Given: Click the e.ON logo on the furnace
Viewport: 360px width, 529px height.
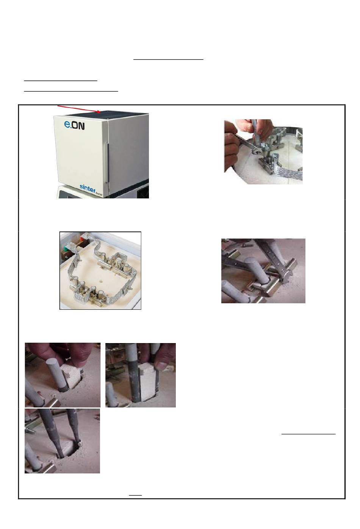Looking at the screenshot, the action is [x=74, y=125].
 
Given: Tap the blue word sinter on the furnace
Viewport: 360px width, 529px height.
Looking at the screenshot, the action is [x=88, y=187].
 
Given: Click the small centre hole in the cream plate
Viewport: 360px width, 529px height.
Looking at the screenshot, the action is [x=101, y=282].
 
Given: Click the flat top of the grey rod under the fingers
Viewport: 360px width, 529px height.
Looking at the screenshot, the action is [x=54, y=362].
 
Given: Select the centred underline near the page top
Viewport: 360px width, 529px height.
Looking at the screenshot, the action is [x=168, y=59].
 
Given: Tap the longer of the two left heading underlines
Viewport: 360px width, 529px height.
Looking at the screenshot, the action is [x=71, y=91].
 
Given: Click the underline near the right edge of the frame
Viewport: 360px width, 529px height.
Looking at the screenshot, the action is [x=308, y=434].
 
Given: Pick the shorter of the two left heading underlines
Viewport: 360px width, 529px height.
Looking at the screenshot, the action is [x=61, y=81].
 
